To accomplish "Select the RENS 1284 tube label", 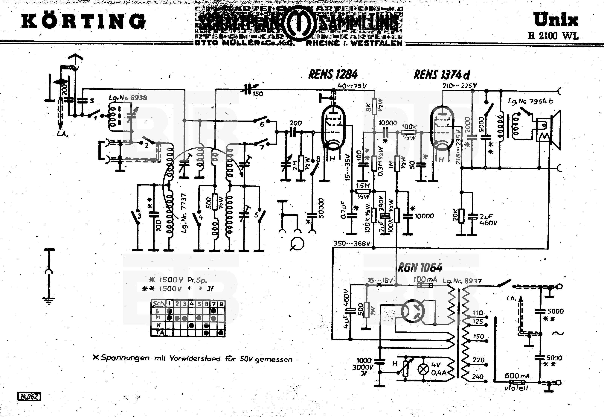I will point(333,75).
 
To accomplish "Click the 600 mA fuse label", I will point(517,376).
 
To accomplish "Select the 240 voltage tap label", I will point(478,377).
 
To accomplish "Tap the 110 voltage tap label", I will point(478,313).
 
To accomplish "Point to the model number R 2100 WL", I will point(553,36).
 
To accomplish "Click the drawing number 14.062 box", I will point(29,397).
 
